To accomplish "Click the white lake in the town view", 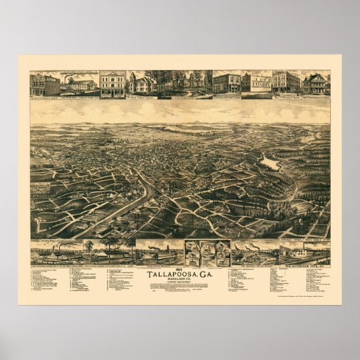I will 269,163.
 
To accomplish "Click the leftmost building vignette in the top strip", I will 44,84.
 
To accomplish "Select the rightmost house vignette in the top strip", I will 316,83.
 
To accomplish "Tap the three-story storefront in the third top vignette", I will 112,84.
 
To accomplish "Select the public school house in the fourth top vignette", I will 142,84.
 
